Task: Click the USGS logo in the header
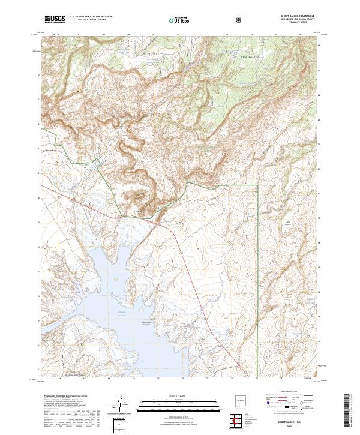[55, 19]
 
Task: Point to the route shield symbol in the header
[239, 20]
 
